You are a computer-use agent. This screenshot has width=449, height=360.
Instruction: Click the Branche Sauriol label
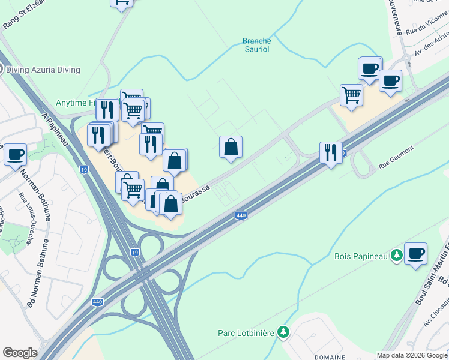(x=257, y=45)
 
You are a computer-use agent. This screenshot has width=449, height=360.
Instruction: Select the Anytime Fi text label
(x=76, y=103)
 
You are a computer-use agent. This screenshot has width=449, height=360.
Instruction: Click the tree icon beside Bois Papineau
(x=396, y=256)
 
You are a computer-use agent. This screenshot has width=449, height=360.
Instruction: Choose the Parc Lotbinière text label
(x=246, y=332)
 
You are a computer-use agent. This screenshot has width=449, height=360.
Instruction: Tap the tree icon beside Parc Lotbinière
(x=283, y=332)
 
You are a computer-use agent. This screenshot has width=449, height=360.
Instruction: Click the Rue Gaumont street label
(x=393, y=164)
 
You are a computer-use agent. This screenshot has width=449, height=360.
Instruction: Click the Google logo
(x=20, y=353)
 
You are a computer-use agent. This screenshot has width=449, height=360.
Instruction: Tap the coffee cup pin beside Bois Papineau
(x=415, y=253)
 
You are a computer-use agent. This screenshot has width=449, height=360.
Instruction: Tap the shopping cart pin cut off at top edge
(x=122, y=2)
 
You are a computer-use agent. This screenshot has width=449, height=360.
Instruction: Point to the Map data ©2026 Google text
(x=411, y=355)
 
